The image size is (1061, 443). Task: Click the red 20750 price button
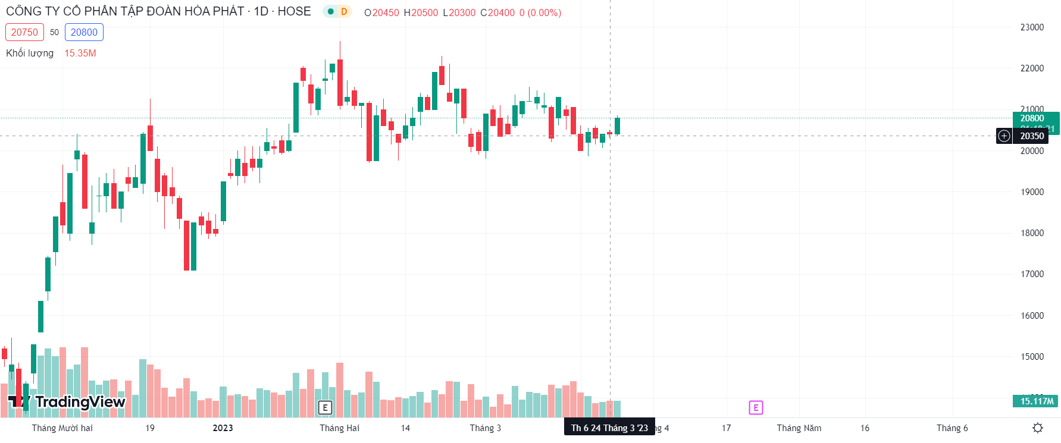click(24, 32)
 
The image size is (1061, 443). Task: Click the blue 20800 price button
click(84, 32)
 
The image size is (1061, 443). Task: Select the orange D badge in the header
click(344, 12)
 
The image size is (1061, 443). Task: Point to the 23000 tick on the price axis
click(1032, 27)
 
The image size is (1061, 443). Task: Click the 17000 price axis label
click(1032, 274)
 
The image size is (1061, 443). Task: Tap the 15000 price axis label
click(1032, 357)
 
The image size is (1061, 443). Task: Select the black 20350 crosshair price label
click(1032, 136)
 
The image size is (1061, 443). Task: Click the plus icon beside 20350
click(1004, 136)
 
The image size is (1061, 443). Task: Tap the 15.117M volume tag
click(1036, 401)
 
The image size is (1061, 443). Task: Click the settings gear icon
click(1038, 428)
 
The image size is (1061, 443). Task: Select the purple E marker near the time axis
click(756, 407)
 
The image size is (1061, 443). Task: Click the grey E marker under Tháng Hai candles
click(325, 407)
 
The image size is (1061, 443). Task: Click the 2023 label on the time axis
click(223, 428)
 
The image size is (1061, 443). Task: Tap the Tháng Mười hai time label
click(62, 428)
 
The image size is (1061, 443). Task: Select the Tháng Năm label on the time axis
click(799, 428)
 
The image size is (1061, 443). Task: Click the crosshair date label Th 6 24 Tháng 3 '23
click(609, 428)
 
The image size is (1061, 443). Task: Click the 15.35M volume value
click(80, 53)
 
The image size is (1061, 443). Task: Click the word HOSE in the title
click(294, 11)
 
